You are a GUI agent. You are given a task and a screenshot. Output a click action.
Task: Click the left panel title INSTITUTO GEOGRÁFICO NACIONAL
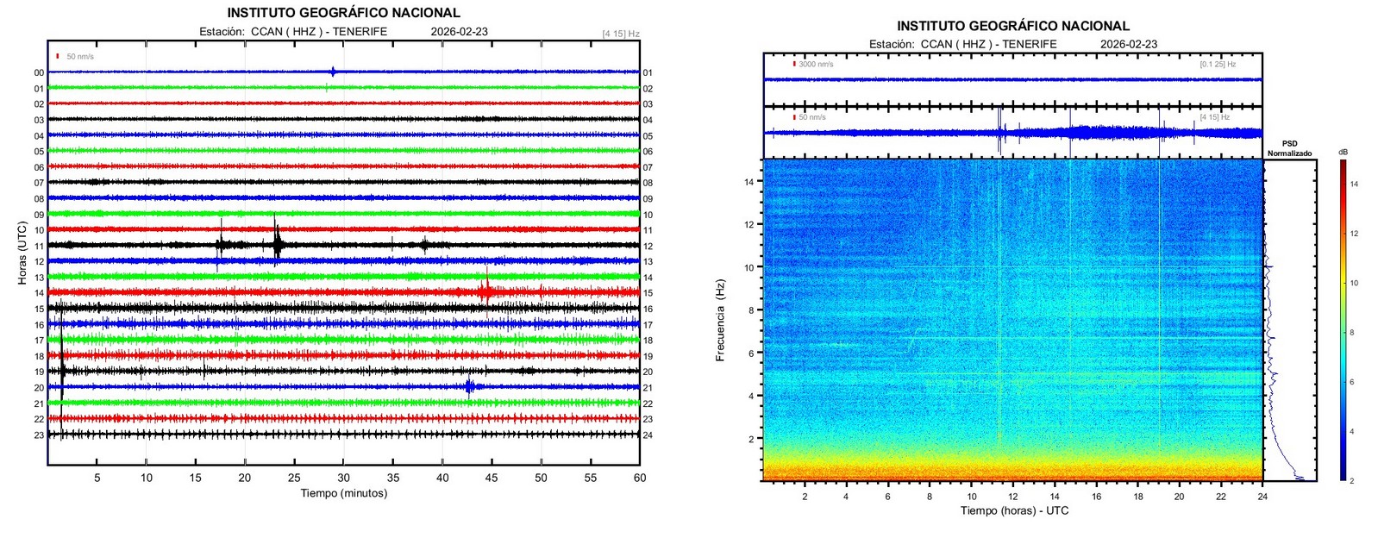343,13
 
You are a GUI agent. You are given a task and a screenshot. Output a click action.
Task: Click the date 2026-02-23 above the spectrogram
1129,44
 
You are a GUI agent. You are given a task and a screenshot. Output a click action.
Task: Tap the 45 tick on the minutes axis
492,478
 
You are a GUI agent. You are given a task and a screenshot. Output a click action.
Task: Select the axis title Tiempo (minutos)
343,493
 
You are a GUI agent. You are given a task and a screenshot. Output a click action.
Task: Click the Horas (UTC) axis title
22,253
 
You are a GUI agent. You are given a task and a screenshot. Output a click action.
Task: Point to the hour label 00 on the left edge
39,73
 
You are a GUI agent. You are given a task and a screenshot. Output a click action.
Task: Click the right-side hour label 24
648,435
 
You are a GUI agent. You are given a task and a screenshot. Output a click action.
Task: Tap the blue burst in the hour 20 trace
469,386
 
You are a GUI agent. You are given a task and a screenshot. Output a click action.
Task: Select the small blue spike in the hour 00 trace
333,72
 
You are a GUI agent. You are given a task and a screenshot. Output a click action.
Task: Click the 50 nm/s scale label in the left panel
80,57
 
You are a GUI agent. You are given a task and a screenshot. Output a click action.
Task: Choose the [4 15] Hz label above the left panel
620,34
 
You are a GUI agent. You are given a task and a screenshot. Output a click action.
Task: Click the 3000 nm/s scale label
816,64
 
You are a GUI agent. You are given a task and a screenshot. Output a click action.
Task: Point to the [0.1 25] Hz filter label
1218,64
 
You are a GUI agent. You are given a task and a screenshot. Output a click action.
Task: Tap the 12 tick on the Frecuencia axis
749,224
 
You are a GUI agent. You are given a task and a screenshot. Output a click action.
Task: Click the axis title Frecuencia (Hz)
720,319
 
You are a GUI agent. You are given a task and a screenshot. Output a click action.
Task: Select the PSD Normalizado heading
1289,148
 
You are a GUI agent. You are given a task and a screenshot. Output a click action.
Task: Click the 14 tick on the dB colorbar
1353,184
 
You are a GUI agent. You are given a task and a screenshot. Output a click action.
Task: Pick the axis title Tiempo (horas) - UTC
1014,510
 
